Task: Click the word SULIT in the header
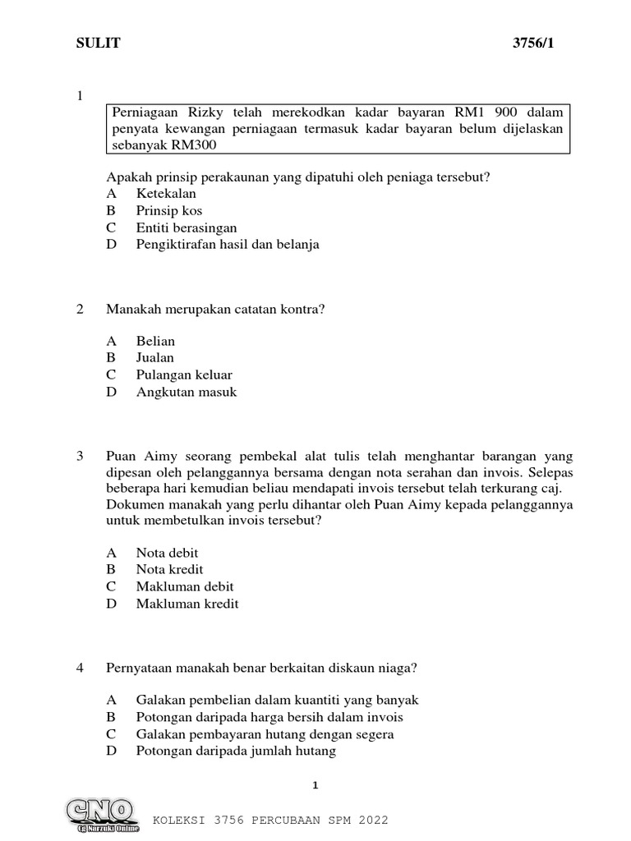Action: [x=99, y=44]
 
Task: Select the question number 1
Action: [x=80, y=96]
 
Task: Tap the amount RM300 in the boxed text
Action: [x=198, y=145]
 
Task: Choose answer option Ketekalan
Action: [x=166, y=194]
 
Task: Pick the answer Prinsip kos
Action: [x=169, y=211]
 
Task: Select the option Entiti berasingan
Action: [x=187, y=227]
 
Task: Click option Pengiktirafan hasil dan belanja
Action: [x=228, y=245]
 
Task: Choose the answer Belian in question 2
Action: [x=155, y=341]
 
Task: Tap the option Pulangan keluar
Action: [x=184, y=375]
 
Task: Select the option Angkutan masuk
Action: [x=187, y=392]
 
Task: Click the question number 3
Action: [x=80, y=456]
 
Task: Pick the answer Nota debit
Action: [x=167, y=553]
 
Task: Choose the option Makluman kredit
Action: [x=187, y=604]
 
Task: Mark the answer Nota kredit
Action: [x=169, y=569]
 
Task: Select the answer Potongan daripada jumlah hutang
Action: [x=236, y=751]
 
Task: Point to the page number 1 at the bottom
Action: [x=315, y=786]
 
